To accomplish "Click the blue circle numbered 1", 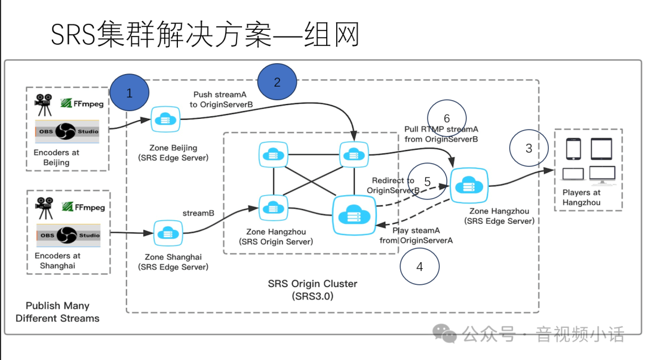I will (129, 93).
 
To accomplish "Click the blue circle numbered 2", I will (277, 82).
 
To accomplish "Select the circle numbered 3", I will (529, 148).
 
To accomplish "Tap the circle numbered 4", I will (419, 266).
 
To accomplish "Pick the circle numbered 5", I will (427, 181).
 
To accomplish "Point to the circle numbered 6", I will (447, 119).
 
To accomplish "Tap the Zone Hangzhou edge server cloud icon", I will (469, 185).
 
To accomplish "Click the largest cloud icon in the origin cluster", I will (353, 214).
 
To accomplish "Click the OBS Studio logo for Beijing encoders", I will (67, 131).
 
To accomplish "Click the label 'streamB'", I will (198, 213).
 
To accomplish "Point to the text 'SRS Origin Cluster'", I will (312, 284).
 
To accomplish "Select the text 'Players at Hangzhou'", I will (581, 198).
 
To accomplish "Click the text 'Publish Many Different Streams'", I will (57, 312).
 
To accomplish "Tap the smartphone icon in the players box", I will (574, 149).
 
